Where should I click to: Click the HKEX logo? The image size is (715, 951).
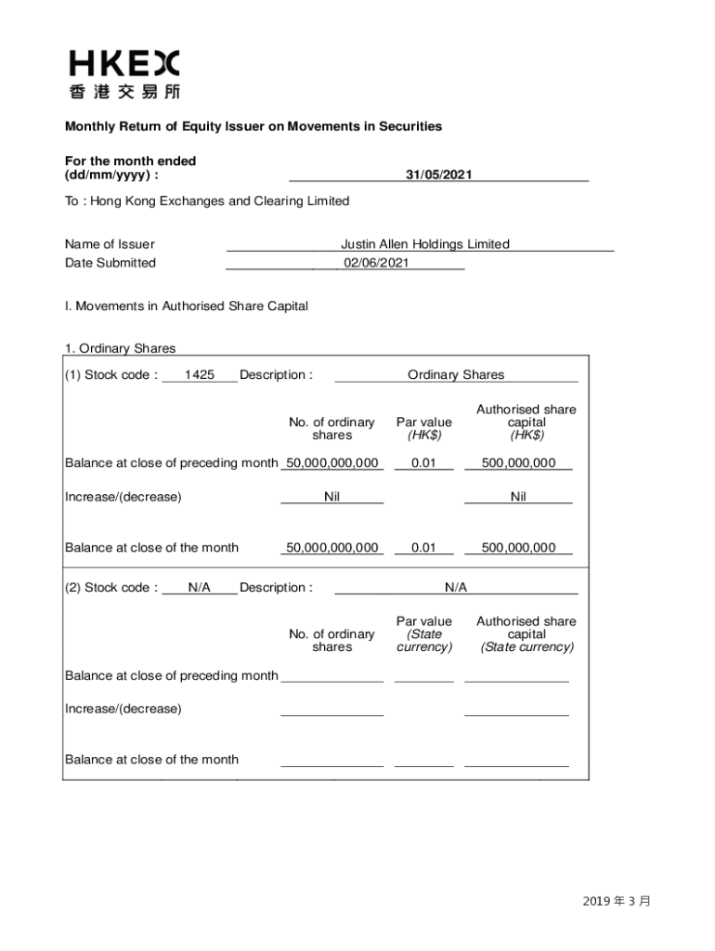pyautogui.click(x=123, y=74)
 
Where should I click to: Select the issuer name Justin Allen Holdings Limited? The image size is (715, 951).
pyautogui.click(x=424, y=244)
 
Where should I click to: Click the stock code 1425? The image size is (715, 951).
pyautogui.click(x=199, y=375)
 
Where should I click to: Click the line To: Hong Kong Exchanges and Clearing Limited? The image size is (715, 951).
pyautogui.click(x=207, y=202)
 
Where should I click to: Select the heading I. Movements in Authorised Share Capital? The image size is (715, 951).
pyautogui.click(x=186, y=306)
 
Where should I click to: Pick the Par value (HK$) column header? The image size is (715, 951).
pyautogui.click(x=424, y=428)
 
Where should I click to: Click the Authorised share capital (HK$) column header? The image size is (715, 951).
pyautogui.click(x=526, y=422)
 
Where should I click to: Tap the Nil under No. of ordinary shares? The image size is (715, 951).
pyautogui.click(x=331, y=497)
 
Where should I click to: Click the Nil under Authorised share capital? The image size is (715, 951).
pyautogui.click(x=518, y=497)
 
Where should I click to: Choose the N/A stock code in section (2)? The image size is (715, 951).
pyautogui.click(x=199, y=588)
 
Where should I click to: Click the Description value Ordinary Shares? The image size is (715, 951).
pyautogui.click(x=456, y=375)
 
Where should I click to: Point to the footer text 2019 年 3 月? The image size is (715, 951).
pyautogui.click(x=617, y=901)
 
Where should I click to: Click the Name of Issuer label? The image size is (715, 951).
pyautogui.click(x=110, y=244)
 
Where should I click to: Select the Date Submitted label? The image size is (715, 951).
pyautogui.click(x=110, y=263)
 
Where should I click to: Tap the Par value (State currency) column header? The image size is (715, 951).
pyautogui.click(x=424, y=634)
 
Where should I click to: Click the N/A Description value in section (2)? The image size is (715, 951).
pyautogui.click(x=456, y=588)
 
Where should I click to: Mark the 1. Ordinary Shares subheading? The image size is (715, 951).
pyautogui.click(x=120, y=348)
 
